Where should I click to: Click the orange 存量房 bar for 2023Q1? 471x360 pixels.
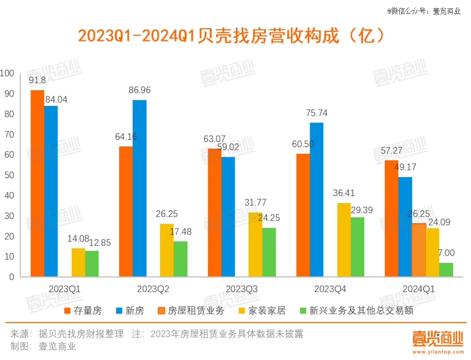point(38,183)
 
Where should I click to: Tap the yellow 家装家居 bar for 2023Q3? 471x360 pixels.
point(255,245)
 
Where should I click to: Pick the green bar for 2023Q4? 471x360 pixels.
point(357,247)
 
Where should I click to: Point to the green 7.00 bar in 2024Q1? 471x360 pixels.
point(446,269)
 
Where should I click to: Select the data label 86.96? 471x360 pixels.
point(140,90)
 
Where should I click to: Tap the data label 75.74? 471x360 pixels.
point(316,113)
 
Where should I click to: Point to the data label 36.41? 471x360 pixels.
point(344,193)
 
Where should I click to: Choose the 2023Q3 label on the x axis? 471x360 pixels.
point(242,289)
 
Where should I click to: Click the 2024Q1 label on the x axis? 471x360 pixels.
point(419,289)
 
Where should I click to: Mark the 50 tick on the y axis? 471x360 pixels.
point(9,175)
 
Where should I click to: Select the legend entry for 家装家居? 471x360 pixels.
point(262,311)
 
